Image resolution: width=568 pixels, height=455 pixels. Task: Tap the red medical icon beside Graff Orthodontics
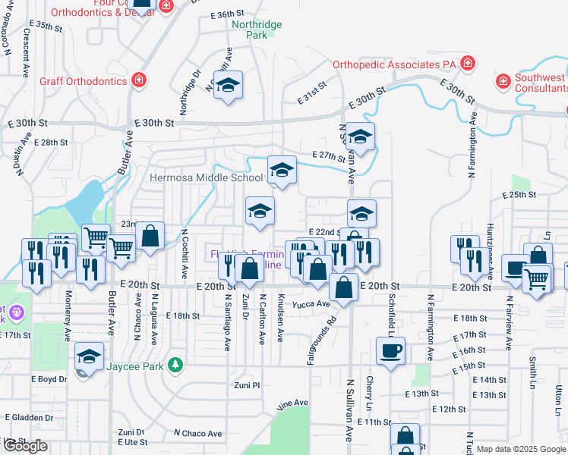click(139, 80)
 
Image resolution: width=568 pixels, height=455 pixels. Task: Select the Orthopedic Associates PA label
click(394, 64)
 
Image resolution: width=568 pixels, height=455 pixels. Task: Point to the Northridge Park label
click(257, 30)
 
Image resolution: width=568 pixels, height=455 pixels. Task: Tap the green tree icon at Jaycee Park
click(175, 365)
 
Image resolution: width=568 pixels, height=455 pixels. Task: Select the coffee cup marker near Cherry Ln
click(391, 351)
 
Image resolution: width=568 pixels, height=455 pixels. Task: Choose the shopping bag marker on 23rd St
click(151, 236)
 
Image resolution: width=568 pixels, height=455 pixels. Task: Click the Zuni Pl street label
click(247, 385)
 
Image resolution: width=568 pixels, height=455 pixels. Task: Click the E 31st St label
click(311, 85)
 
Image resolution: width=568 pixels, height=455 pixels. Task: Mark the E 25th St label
click(520, 195)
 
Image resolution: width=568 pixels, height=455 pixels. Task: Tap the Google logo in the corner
click(25, 447)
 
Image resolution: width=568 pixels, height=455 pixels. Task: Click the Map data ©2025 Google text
click(519, 449)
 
